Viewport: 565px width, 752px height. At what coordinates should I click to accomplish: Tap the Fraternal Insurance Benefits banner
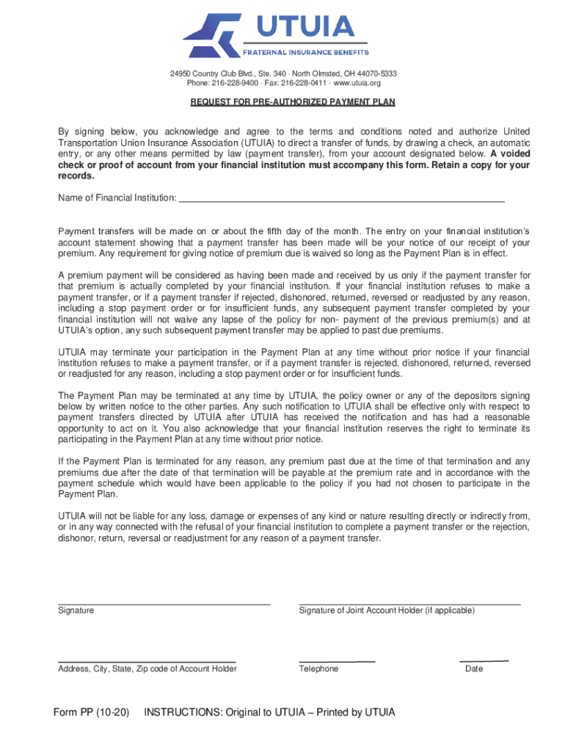click(306, 52)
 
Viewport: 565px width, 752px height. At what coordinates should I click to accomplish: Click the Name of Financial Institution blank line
click(342, 200)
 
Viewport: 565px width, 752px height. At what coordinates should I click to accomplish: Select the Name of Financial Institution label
click(117, 198)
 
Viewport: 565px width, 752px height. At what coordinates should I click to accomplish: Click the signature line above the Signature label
click(164, 603)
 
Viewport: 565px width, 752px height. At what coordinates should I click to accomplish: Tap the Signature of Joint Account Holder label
click(387, 611)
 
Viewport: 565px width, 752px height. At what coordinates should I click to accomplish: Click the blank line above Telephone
click(337, 661)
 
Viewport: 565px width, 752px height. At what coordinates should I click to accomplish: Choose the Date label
click(474, 669)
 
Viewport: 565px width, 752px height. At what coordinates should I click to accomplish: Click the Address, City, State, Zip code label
click(147, 669)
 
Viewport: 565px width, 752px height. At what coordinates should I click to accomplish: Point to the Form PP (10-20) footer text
click(92, 712)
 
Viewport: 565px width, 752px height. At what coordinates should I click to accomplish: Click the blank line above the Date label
click(484, 661)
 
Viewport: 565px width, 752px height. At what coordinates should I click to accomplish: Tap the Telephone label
click(318, 669)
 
